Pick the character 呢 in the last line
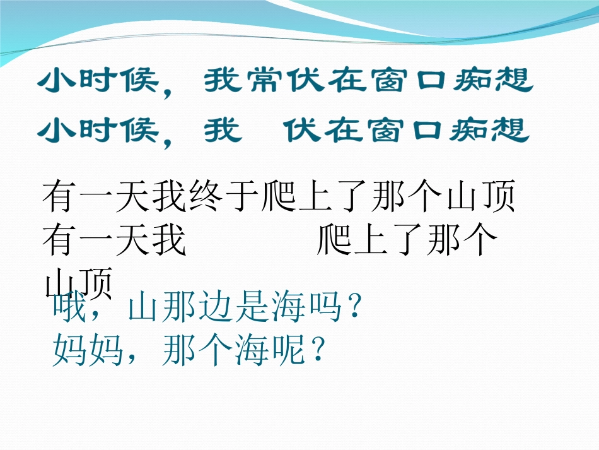288,350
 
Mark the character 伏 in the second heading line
299,129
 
